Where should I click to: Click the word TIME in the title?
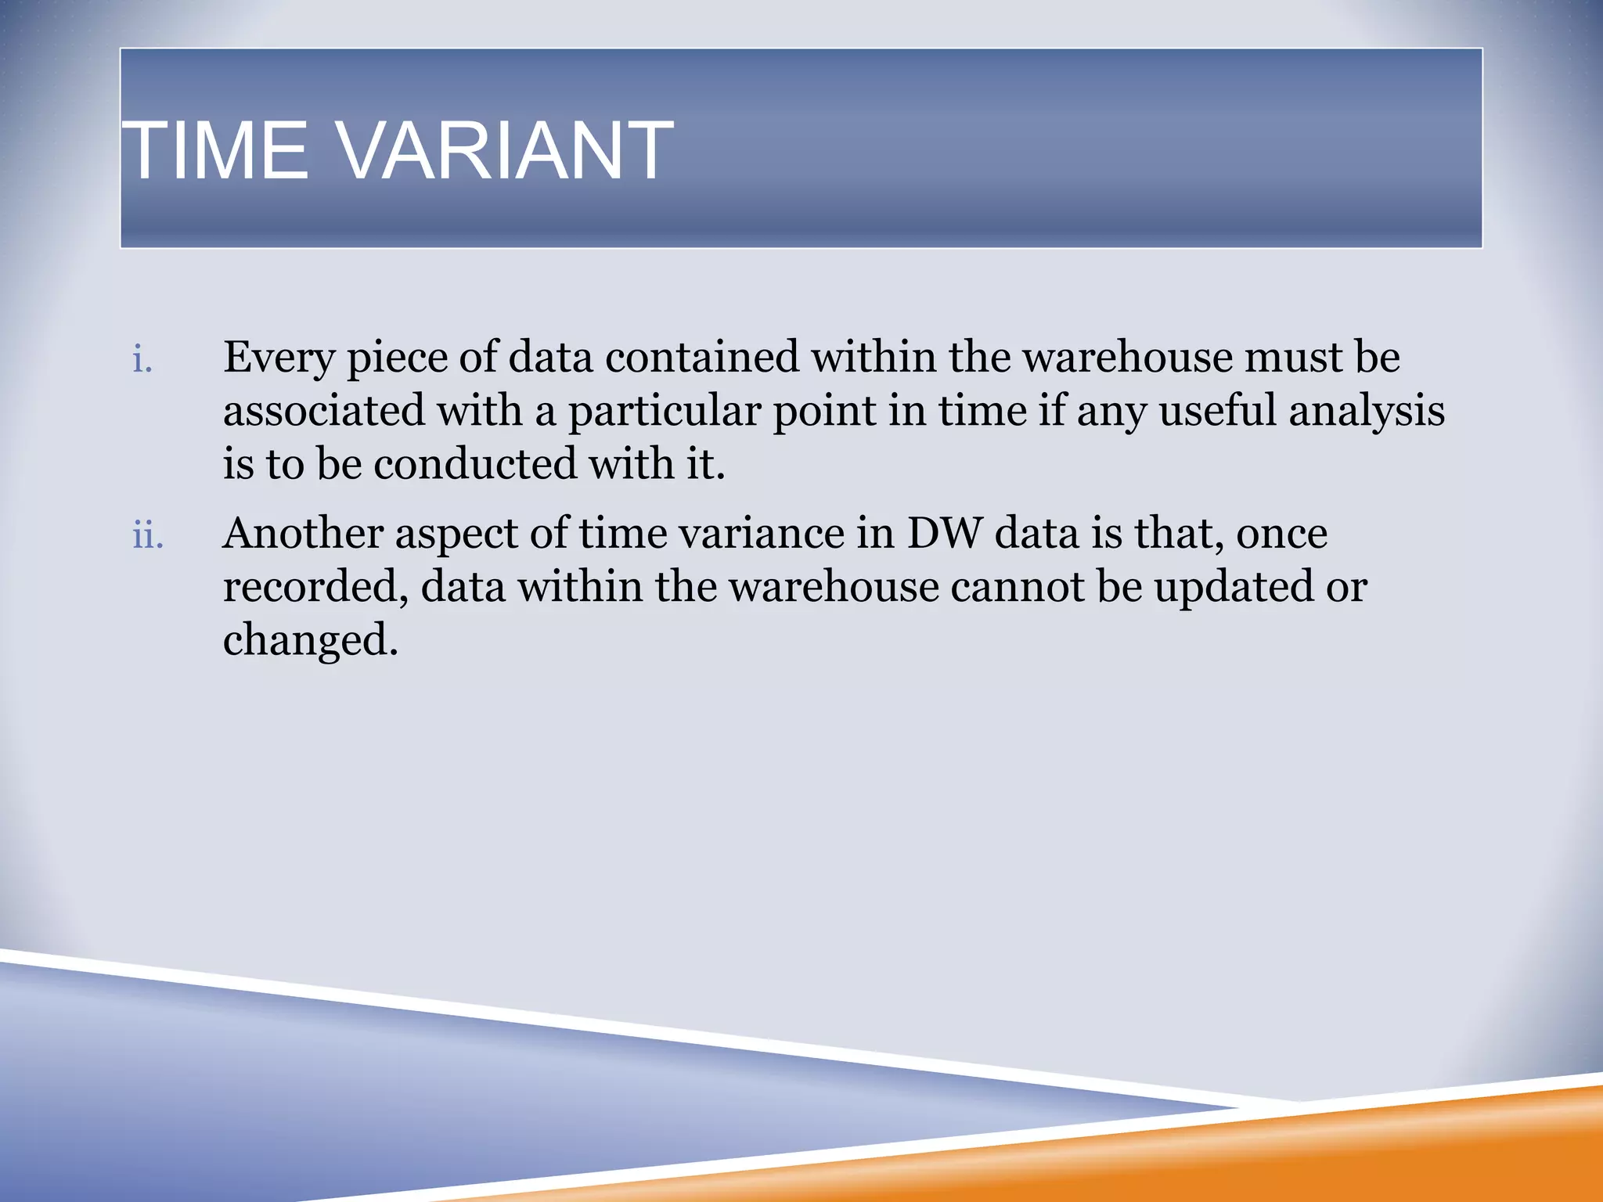(x=216, y=150)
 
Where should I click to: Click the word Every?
(x=279, y=358)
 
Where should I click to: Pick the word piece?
(x=396, y=358)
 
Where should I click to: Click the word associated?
(x=323, y=411)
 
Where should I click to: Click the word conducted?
(x=474, y=464)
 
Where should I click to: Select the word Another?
(x=303, y=534)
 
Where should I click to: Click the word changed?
(x=311, y=641)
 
